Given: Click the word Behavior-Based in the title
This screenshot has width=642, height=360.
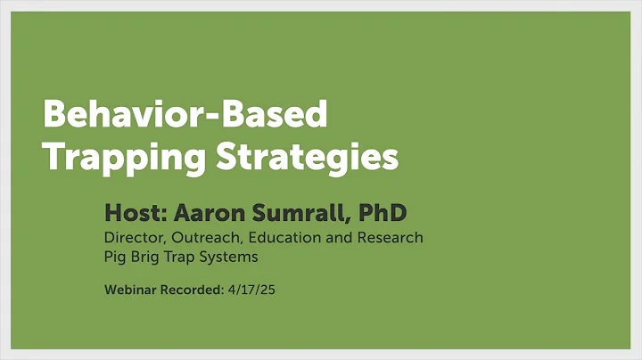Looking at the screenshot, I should click(185, 115).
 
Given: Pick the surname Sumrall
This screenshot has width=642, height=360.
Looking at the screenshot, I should click(301, 213).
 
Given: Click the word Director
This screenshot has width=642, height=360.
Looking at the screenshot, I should click(131, 238).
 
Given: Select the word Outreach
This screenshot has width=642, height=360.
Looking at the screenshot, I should click(201, 238).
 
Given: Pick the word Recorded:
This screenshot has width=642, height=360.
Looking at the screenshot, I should click(193, 290).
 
